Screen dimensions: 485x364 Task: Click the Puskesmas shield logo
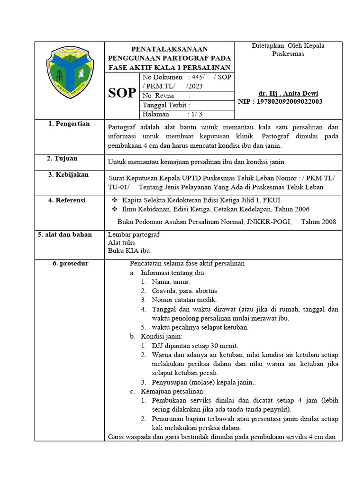pos(69,72)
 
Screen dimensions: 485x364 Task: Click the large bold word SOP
pos(122,93)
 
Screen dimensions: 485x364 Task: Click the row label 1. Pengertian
pos(69,124)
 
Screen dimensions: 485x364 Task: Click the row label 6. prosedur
pos(70,263)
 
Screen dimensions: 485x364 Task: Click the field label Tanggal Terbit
pos(166,105)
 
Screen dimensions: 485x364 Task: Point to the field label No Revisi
pos(158,96)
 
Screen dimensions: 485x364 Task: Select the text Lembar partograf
pos(134,234)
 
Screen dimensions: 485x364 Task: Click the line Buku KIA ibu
pos(129,251)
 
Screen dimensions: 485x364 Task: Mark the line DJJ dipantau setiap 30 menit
pos(195,345)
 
